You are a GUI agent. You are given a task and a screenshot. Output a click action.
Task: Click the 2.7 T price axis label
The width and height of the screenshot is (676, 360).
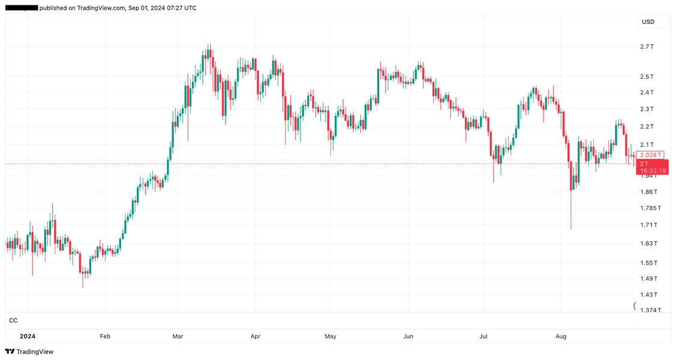[x=647, y=47]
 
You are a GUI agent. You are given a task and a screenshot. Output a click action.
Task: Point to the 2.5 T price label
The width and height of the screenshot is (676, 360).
[x=647, y=77]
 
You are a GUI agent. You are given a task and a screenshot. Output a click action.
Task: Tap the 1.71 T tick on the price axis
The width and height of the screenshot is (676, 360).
[x=648, y=225]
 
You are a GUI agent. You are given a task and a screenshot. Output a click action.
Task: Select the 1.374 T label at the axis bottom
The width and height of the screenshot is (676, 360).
[x=650, y=310]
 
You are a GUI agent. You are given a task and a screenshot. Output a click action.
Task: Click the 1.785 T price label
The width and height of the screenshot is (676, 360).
[x=650, y=208]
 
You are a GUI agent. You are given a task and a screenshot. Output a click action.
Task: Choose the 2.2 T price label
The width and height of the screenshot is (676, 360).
[x=647, y=127]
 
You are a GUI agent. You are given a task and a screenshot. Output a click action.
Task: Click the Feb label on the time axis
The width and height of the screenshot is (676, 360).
[x=105, y=337]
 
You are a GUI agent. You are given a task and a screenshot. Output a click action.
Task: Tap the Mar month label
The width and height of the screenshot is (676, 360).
[x=178, y=337]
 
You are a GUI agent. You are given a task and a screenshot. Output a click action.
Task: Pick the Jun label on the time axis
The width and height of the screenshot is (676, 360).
[x=408, y=337]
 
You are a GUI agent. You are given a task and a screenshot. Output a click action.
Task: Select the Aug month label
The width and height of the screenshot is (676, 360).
[x=561, y=337]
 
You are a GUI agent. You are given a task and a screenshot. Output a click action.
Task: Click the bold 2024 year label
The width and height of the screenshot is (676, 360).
[x=28, y=337]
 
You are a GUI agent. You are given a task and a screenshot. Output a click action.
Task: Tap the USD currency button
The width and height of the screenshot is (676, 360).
[x=648, y=22]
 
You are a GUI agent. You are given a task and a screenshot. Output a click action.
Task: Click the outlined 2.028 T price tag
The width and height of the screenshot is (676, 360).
[x=651, y=155]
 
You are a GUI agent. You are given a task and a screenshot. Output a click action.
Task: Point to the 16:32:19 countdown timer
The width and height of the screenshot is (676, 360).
[x=653, y=171]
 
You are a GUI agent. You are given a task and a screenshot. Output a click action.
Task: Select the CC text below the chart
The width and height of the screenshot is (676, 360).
[x=13, y=321]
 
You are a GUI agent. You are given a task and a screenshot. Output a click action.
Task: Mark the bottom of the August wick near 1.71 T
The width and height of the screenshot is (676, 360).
[x=571, y=229]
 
